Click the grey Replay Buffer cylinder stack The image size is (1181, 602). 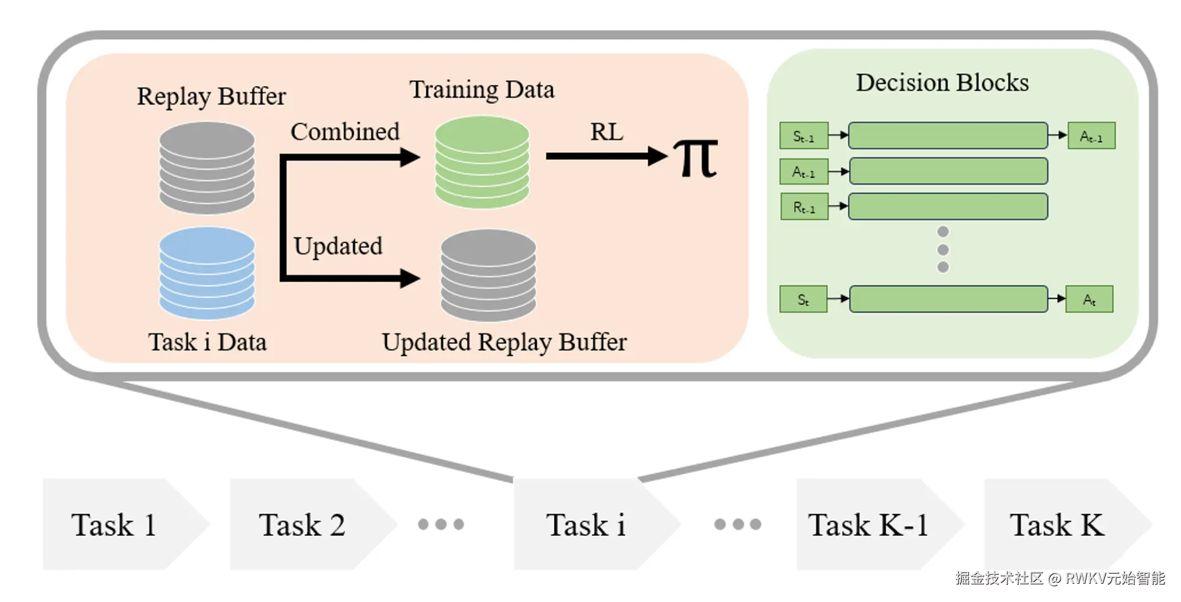[207, 168]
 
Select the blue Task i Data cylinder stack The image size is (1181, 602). [207, 273]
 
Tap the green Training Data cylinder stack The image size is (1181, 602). [482, 162]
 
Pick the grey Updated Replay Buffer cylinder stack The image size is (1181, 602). [489, 276]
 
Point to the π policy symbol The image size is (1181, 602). [697, 158]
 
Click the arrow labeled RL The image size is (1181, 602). [607, 156]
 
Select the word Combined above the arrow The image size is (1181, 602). [345, 132]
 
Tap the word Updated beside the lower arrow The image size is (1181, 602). [338, 246]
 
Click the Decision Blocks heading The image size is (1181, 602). [942, 83]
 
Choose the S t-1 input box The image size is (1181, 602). [804, 136]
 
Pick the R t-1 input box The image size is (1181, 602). [804, 207]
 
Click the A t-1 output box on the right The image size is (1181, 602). [1091, 136]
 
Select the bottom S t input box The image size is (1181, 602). [803, 299]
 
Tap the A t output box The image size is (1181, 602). [1089, 299]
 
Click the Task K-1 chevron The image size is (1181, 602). [880, 524]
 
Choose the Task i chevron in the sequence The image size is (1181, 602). [597, 524]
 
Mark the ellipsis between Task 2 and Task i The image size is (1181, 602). [441, 524]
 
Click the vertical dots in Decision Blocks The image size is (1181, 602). [943, 249]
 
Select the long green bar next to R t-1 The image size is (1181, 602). [948, 207]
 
